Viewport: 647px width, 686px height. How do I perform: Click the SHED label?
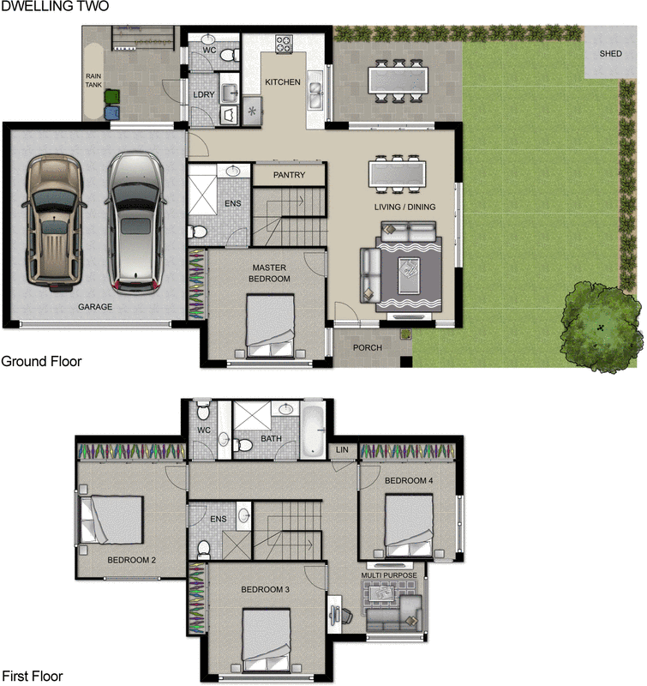coord(611,53)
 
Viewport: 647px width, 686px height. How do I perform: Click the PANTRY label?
coord(290,175)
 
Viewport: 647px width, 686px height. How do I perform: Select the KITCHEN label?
coord(283,82)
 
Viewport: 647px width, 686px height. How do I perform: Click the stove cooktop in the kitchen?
coord(284,44)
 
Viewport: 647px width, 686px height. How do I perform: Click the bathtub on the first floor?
coord(314,429)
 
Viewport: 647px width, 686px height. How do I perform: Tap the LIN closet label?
coord(342,449)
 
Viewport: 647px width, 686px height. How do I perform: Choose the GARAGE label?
coord(95,306)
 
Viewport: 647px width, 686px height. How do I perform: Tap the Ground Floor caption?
coord(41,361)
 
